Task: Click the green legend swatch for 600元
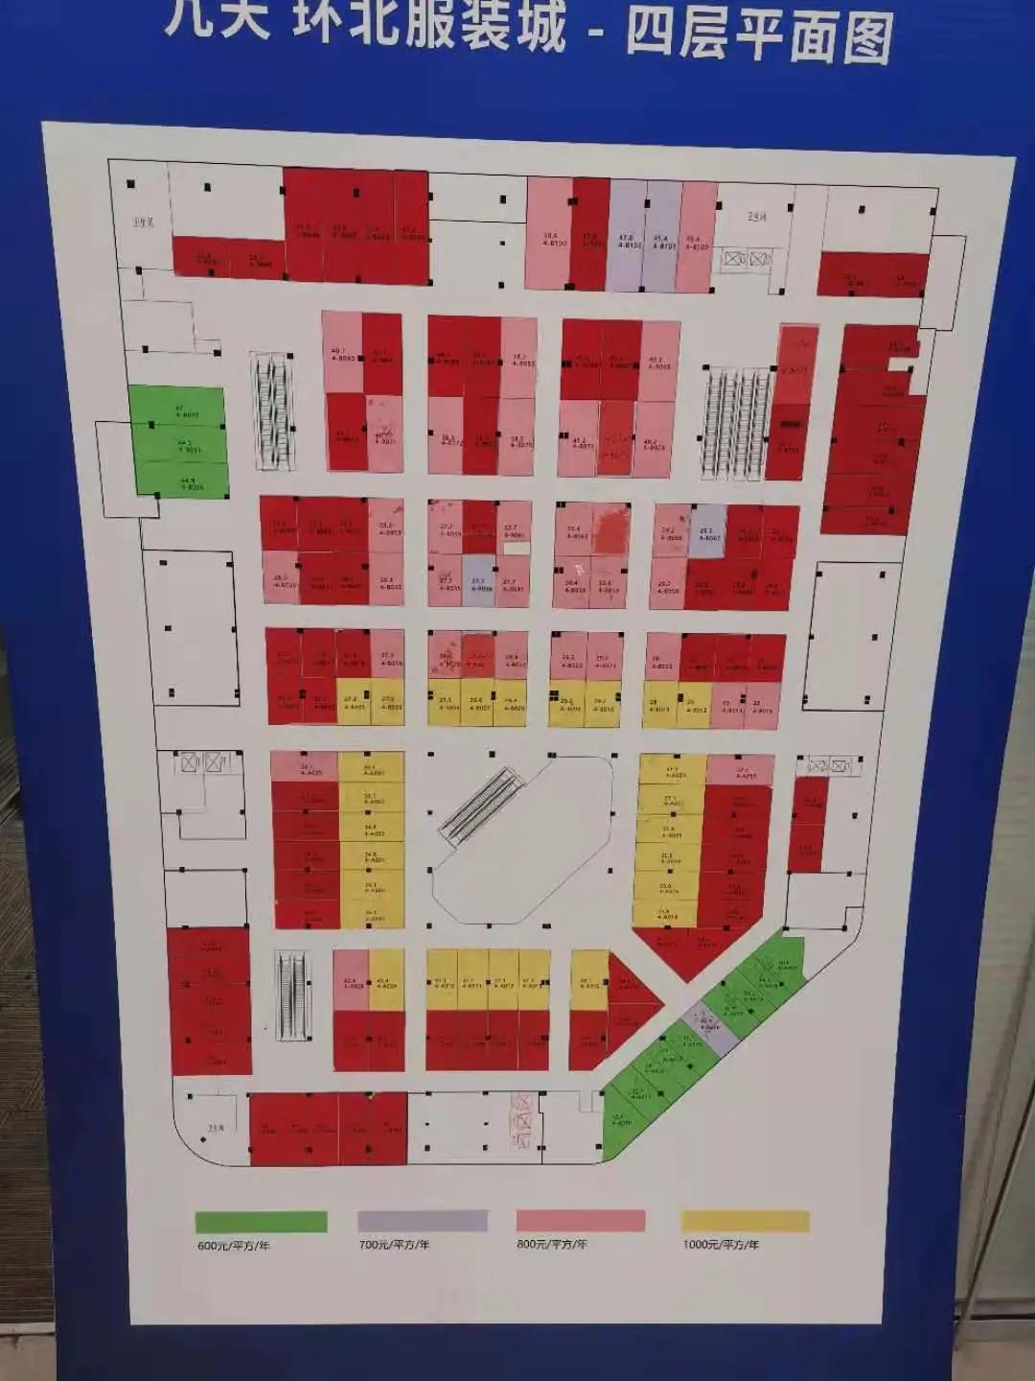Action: tap(261, 1221)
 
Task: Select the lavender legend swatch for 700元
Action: tap(423, 1221)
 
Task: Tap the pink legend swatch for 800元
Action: tap(580, 1220)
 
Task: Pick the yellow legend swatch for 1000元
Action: tap(746, 1221)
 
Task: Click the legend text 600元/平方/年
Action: tap(234, 1246)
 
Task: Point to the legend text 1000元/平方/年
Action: tap(721, 1245)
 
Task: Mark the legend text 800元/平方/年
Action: tap(552, 1244)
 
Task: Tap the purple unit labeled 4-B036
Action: tap(478, 579)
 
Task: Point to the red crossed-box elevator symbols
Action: tap(521, 1121)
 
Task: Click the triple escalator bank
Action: tap(736, 422)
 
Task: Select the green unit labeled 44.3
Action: tap(181, 445)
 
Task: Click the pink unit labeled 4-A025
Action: tap(304, 767)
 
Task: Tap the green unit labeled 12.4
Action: tap(620, 1120)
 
